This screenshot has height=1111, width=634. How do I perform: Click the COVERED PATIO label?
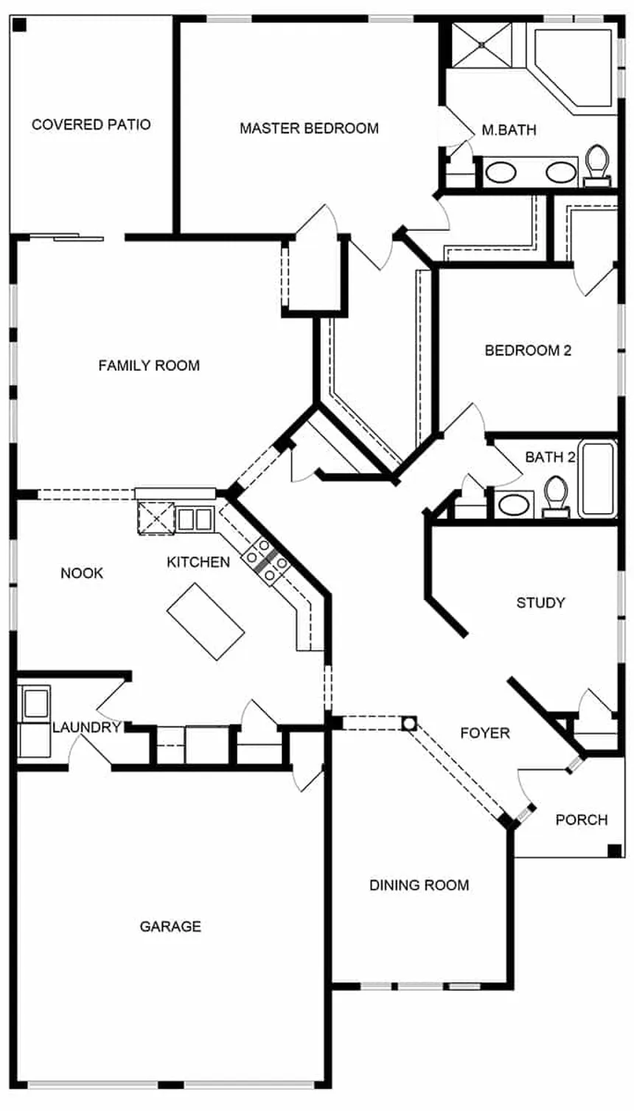click(91, 125)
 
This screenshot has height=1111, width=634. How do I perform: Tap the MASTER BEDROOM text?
click(309, 128)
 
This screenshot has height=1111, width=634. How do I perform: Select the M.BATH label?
click(509, 130)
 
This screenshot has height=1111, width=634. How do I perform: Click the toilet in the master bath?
click(596, 165)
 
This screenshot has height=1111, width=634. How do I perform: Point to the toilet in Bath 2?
click(554, 497)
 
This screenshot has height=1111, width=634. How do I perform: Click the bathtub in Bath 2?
click(597, 478)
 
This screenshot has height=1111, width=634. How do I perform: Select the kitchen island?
click(206, 621)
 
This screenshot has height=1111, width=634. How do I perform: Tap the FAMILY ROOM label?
click(149, 366)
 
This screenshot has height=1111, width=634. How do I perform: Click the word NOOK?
click(82, 574)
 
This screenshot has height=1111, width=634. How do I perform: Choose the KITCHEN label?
click(198, 563)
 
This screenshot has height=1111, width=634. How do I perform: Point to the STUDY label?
click(540, 603)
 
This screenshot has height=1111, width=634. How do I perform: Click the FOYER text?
click(484, 733)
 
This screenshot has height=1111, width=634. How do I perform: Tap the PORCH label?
click(581, 820)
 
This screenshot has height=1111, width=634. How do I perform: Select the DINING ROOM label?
click(419, 885)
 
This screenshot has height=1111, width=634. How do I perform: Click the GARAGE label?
click(170, 927)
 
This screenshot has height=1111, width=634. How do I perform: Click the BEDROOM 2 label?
click(528, 351)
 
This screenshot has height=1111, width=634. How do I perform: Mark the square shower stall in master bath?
click(481, 45)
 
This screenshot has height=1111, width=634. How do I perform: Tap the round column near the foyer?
click(409, 724)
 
